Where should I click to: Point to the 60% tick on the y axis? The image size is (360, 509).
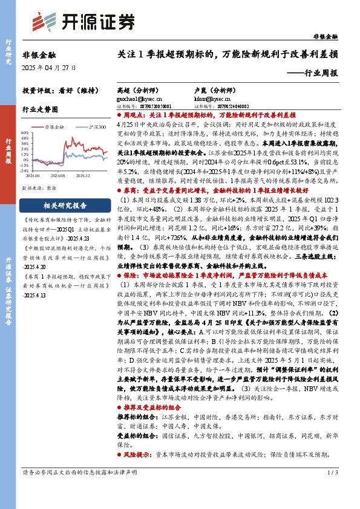coord(25,132)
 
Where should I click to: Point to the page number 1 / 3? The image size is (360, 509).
coord(332,472)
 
